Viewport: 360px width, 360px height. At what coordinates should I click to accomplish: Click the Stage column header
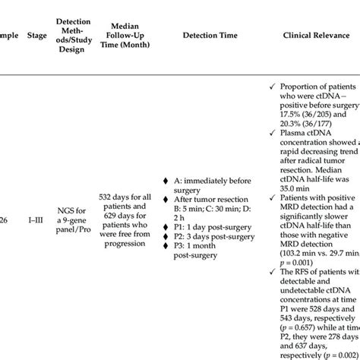tap(44, 34)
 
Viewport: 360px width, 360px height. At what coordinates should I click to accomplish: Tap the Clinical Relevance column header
tap(314, 34)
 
